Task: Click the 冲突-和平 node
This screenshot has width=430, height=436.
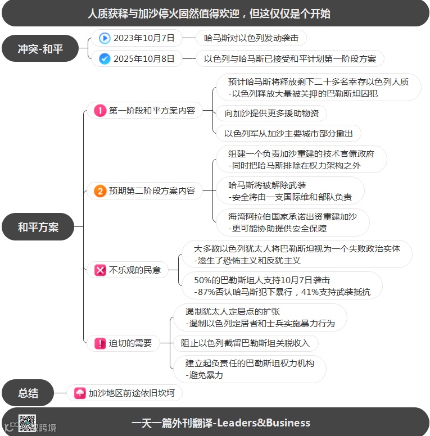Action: (x=40, y=49)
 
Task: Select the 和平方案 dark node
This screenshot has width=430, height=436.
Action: (x=38, y=227)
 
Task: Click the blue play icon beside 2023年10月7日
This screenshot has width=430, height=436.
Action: (x=105, y=38)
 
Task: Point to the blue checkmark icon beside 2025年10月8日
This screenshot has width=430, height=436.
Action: (x=105, y=58)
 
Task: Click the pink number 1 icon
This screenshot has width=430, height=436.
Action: (x=100, y=111)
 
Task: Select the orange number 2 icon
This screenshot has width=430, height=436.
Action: (x=100, y=191)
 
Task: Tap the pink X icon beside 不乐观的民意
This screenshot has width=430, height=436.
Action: (x=100, y=270)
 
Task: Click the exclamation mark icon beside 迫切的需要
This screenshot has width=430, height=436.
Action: (x=100, y=343)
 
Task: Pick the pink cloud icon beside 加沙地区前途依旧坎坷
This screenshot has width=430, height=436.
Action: (x=80, y=393)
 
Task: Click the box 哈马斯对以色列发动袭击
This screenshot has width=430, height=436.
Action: (x=247, y=38)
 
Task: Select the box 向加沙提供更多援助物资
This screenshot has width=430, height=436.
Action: (x=271, y=113)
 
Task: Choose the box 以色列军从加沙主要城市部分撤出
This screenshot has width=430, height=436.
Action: (x=288, y=133)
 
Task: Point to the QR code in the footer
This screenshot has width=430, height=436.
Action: (x=27, y=423)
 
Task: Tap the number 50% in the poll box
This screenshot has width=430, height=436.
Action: (x=202, y=280)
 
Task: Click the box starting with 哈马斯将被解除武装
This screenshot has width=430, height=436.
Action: (x=290, y=191)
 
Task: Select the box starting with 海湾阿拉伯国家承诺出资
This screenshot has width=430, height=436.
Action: (x=292, y=222)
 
